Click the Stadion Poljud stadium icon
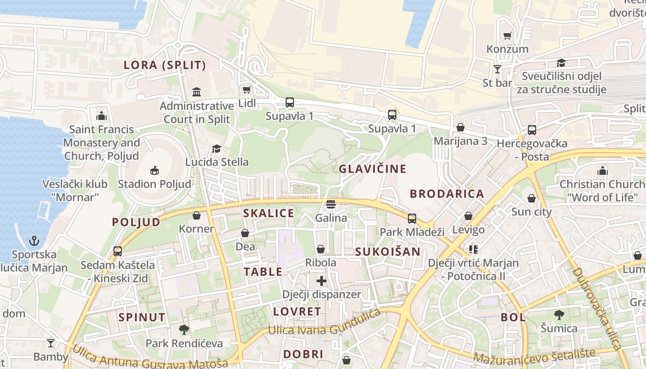click(155, 171)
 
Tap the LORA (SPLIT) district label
click(165, 65)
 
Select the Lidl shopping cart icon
click(247, 89)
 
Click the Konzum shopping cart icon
click(507, 36)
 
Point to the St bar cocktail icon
click(497, 69)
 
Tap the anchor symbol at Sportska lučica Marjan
click(34, 241)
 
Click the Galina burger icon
click(330, 204)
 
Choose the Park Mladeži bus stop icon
click(412, 218)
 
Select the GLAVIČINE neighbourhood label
click(372, 169)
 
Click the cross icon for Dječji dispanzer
click(322, 280)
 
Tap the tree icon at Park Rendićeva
click(184, 329)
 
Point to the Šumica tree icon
click(559, 315)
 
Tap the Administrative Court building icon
click(197, 92)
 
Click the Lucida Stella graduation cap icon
click(216, 149)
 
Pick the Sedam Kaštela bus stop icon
click(118, 251)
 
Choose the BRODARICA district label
click(447, 194)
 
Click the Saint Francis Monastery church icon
click(102, 115)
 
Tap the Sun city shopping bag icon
click(532, 198)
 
